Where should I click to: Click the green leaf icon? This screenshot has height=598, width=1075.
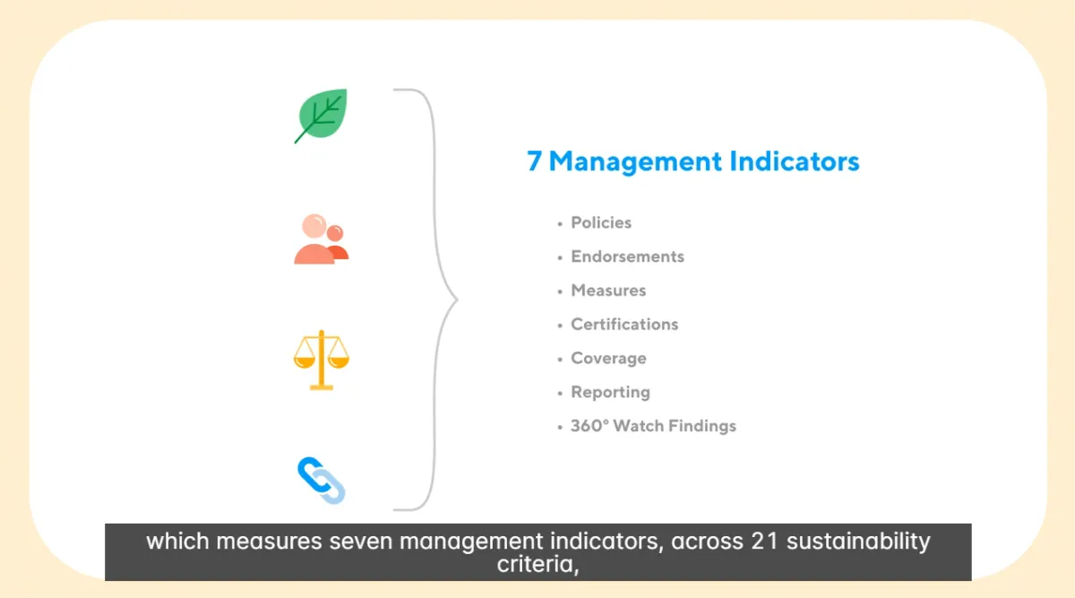321,116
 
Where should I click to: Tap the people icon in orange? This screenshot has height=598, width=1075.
321,238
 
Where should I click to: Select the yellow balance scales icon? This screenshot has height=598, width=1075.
322,360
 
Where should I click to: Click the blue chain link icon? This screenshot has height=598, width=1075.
321,481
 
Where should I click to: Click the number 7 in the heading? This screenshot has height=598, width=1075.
534,160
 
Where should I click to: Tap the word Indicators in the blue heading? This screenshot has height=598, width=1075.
795,160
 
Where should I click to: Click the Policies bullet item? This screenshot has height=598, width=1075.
601,223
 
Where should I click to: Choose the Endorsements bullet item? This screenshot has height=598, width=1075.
627,256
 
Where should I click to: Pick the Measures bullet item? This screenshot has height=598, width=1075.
608,290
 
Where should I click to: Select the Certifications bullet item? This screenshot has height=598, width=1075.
624,325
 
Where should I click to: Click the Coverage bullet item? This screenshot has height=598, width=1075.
608,359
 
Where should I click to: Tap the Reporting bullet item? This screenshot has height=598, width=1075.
610,393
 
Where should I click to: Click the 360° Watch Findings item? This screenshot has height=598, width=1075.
653,426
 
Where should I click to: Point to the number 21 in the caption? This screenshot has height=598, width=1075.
764,541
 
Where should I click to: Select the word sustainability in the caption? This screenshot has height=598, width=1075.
858,542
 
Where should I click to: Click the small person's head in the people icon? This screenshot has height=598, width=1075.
335,233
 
